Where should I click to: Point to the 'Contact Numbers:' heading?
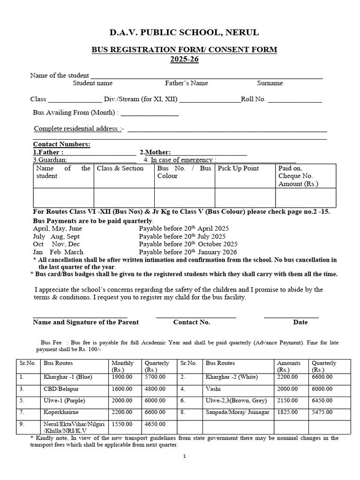[x=61, y=144]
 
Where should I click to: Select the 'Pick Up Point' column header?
[x=238, y=168]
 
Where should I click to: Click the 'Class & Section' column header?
[x=120, y=168]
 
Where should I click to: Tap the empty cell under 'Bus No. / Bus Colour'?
[x=184, y=197]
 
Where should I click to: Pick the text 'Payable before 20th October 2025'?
[x=188, y=244]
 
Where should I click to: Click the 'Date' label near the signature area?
[x=300, y=322]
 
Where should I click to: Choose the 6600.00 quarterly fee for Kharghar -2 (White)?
[x=322, y=376]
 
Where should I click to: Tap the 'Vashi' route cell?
[x=213, y=389]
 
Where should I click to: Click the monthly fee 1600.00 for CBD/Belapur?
[x=121, y=389]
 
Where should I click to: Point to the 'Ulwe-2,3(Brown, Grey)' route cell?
[x=236, y=400]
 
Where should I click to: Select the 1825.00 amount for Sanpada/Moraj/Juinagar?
[x=287, y=412]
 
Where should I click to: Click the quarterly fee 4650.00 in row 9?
[x=155, y=424]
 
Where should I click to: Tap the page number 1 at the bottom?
[x=185, y=456]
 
